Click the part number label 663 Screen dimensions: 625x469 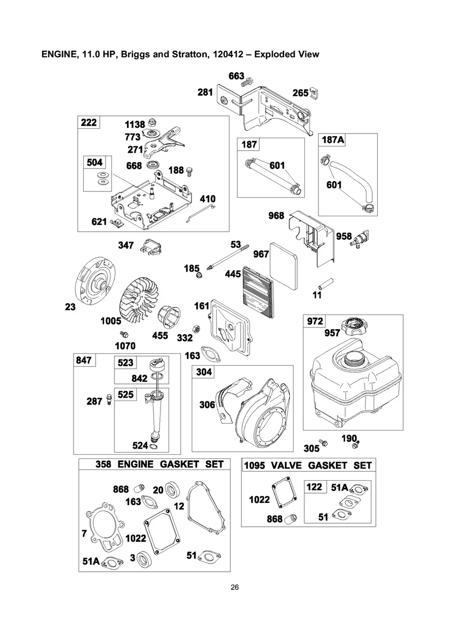236,77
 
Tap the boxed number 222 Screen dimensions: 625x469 89,122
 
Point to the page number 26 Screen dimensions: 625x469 234,587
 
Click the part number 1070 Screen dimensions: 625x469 125,346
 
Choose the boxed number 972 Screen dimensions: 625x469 315,321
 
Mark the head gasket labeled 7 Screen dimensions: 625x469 104,523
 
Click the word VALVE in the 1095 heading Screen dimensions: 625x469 286,465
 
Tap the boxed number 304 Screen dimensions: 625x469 203,371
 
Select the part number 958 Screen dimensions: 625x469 344,236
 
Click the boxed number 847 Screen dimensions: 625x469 85,361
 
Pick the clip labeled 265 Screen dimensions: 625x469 314,93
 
